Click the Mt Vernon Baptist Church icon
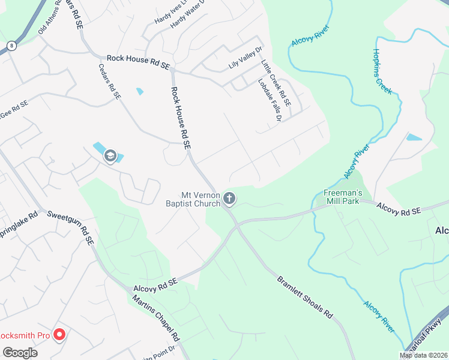coord(229,199)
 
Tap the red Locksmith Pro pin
coord(59,334)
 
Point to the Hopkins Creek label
coord(382,71)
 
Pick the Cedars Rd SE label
coord(109,82)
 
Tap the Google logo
coord(20,352)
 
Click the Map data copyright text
coord(423,355)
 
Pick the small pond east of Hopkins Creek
coord(414,137)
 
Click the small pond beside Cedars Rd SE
coord(140,91)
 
